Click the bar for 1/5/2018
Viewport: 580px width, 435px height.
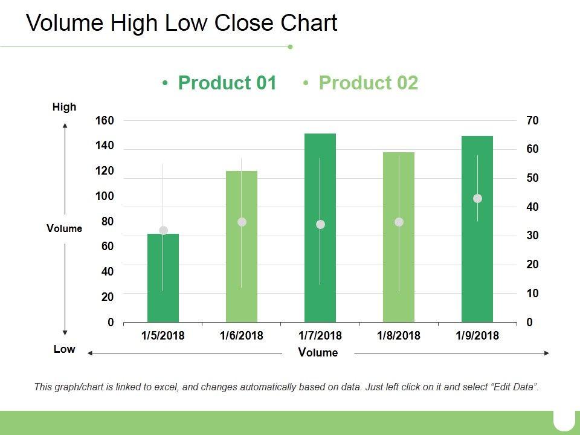[163, 278]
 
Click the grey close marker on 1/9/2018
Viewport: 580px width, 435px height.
[477, 199]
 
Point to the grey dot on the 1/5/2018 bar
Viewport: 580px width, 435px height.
[163, 230]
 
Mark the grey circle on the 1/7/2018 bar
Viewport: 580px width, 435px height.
[320, 225]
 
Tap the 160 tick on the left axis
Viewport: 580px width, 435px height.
[105, 121]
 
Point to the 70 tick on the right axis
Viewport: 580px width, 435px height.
[532, 121]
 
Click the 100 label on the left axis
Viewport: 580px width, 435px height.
[105, 196]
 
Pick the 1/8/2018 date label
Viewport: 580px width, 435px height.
[399, 335]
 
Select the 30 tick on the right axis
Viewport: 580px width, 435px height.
[532, 236]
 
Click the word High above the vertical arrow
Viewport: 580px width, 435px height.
[65, 108]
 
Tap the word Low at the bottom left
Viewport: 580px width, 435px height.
[65, 349]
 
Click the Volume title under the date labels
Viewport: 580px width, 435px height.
[318, 353]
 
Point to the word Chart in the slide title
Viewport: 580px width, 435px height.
[309, 23]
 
